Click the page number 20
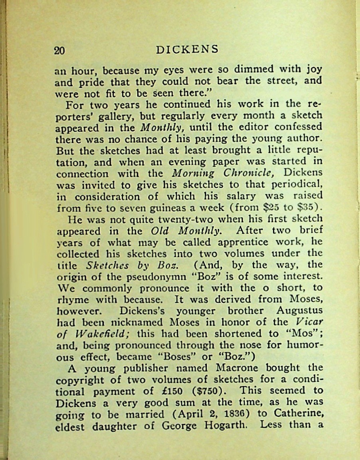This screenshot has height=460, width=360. point(59,50)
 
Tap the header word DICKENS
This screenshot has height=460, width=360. point(188,49)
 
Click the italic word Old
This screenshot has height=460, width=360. point(162,231)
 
